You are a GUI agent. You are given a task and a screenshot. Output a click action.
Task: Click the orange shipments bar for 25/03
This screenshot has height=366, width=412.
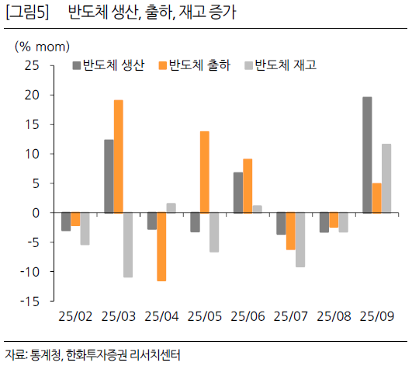[x=118, y=156]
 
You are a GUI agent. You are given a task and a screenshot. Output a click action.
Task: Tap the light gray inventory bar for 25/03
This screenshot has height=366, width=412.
[x=128, y=245]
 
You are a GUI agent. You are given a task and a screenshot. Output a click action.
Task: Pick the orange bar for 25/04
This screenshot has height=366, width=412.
[x=161, y=246]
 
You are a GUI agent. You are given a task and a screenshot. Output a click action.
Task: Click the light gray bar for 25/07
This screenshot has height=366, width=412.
[x=300, y=239]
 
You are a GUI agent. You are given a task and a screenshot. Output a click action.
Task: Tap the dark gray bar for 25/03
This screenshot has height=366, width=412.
[x=109, y=176]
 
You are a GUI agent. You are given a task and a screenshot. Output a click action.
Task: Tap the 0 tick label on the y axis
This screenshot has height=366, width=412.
[x=36, y=212]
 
